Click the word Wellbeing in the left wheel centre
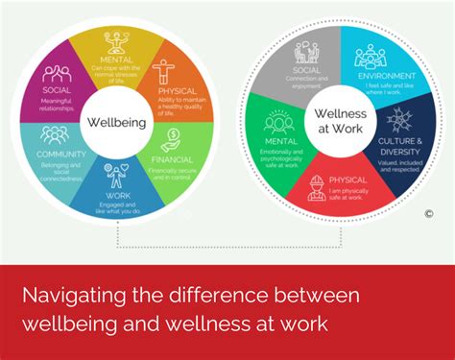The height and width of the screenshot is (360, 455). click(x=115, y=123)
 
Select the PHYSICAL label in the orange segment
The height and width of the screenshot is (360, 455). click(x=178, y=90)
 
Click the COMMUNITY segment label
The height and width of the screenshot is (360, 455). click(x=61, y=154)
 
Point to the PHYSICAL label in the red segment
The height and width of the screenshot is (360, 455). click(x=347, y=179)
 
